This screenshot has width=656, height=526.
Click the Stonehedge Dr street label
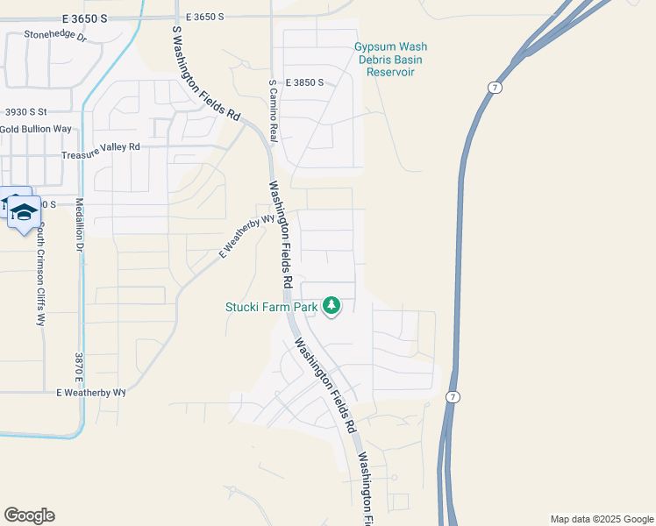(55, 37)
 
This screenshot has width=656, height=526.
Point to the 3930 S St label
(25, 112)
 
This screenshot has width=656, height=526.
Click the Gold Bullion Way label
(36, 129)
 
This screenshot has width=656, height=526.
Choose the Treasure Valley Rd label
(101, 146)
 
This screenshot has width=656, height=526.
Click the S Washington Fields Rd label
(205, 73)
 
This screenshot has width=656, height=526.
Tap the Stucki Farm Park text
(271, 306)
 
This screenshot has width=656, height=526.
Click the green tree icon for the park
(331, 306)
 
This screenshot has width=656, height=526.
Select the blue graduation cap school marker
(24, 211)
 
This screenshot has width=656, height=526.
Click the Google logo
(29, 515)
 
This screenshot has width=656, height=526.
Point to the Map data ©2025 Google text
(602, 519)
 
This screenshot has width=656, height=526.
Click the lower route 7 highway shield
(450, 397)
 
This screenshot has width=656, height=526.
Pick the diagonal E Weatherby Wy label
(241, 237)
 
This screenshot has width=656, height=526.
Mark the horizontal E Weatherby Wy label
(91, 394)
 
